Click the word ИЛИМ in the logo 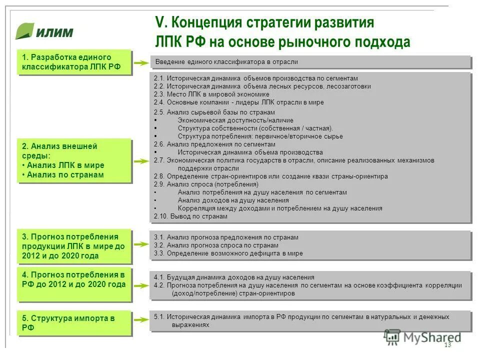coord(54,33)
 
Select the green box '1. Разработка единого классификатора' coord(74,62)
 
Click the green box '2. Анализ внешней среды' coord(74,160)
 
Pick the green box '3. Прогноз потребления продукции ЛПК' coord(74,246)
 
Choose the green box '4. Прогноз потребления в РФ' coord(74,285)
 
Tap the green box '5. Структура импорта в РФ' coord(74,323)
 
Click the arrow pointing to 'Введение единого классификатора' coord(142,62)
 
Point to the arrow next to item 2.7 coord(142,160)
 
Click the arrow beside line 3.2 coord(142,245)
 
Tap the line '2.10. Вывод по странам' coord(190,216)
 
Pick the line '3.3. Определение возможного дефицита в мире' coord(228,253)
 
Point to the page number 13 coord(447,345)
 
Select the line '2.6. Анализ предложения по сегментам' coord(214,144)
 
